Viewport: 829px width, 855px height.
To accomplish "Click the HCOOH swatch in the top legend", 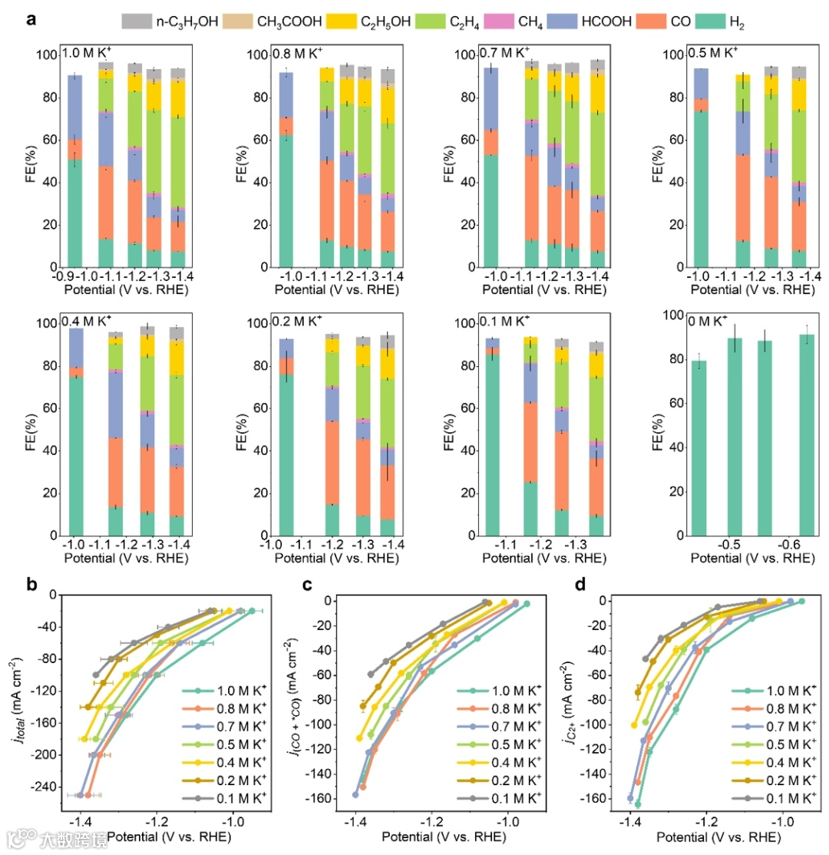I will click(577, 21).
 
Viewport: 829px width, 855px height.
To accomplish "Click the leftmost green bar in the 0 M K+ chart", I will click(699, 447).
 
